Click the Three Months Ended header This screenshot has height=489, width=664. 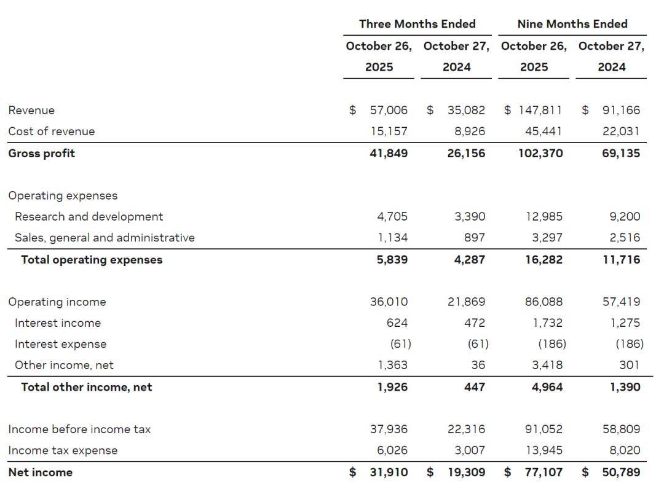(x=417, y=24)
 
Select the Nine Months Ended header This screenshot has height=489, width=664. (x=572, y=24)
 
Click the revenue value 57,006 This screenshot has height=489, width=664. (x=388, y=110)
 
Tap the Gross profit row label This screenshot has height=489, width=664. (x=41, y=153)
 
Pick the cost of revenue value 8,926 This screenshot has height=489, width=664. (x=470, y=131)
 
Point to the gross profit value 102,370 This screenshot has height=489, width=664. (x=540, y=153)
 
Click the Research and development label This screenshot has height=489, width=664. (x=89, y=216)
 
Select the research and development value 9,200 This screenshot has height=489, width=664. (x=625, y=216)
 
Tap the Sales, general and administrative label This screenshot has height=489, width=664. (x=105, y=237)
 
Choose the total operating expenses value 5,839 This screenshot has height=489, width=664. (x=392, y=259)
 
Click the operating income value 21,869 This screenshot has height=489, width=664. (x=466, y=302)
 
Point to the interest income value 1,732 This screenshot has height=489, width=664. (x=549, y=323)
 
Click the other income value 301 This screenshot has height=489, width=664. (x=629, y=365)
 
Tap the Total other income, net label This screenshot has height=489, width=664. (x=86, y=386)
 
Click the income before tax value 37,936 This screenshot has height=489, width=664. (x=389, y=429)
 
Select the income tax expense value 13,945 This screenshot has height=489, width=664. (x=543, y=450)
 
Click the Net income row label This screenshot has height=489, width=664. (x=40, y=472)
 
